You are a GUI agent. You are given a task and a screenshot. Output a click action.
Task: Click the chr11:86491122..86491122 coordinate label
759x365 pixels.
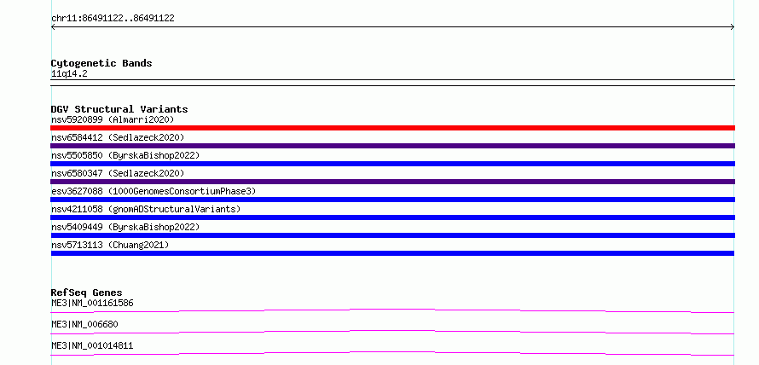tap(113, 19)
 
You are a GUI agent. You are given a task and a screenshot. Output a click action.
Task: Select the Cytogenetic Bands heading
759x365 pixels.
tap(101, 63)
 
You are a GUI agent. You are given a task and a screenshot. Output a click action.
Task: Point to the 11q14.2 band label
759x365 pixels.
tap(69, 74)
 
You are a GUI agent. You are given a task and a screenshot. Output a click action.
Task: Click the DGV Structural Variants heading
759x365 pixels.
tap(119, 109)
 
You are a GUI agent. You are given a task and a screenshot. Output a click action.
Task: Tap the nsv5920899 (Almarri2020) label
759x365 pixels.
tap(113, 119)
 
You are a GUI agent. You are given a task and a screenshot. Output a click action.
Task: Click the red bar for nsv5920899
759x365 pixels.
tap(392, 128)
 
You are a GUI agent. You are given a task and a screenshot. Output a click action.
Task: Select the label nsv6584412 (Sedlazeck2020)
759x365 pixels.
tap(118, 137)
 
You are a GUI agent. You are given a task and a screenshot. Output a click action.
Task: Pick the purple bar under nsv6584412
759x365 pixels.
tap(392, 146)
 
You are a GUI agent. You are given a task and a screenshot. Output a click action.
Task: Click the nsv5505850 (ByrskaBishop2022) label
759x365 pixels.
tap(125, 155)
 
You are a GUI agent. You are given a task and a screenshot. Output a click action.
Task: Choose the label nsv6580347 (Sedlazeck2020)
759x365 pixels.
tap(118, 173)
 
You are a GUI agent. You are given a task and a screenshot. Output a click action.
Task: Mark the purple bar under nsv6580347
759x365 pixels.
tap(392, 182)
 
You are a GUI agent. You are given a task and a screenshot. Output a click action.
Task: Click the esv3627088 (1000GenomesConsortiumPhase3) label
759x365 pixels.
tap(154, 191)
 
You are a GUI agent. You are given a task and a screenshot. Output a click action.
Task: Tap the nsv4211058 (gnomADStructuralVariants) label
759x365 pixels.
tap(146, 209)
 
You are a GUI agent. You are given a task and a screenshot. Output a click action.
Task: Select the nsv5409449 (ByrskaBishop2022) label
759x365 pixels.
tap(125, 227)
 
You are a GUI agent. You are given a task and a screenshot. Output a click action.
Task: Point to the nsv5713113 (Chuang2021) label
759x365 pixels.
tap(110, 245)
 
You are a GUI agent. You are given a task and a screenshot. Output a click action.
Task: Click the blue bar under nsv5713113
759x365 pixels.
tap(392, 253)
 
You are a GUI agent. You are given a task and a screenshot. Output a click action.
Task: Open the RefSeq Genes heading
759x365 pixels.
tap(87, 293)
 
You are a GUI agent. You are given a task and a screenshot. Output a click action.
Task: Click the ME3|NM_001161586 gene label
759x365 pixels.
tap(92, 304)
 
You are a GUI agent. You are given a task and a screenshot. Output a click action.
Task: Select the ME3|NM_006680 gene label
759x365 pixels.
tap(84, 325)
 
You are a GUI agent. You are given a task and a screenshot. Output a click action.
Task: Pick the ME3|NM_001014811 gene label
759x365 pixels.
tap(92, 346)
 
